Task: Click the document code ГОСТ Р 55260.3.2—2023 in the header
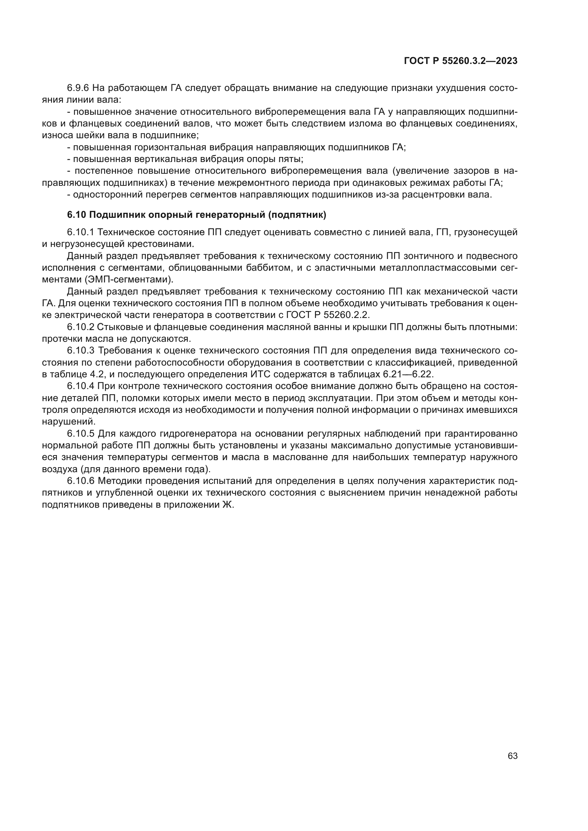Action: tap(460, 61)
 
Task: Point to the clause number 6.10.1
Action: tap(80, 232)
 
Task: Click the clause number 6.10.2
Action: tap(80, 327)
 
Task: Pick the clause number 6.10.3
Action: tap(80, 351)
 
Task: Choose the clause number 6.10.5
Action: tap(80, 433)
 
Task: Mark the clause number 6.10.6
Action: tap(80, 481)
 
